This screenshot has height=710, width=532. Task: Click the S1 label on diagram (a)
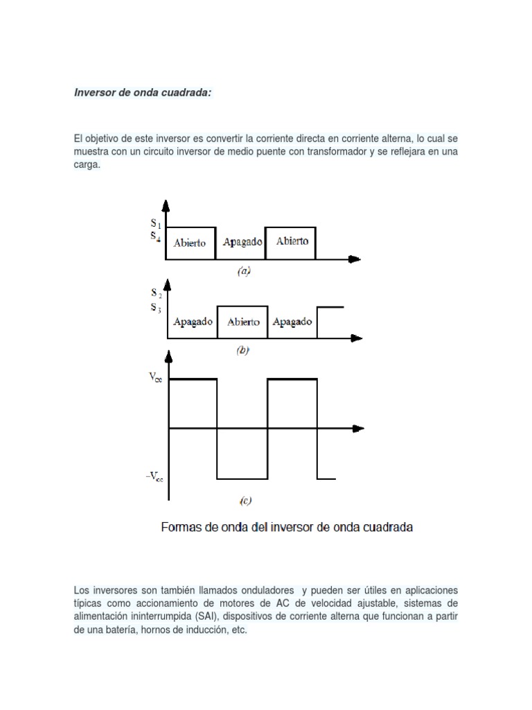157,224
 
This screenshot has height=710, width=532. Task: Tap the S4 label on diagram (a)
157,236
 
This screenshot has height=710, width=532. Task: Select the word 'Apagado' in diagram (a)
242,243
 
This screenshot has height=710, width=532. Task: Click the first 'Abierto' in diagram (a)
190,243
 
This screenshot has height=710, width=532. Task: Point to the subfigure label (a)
242,272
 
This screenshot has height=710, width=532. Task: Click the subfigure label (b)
242,351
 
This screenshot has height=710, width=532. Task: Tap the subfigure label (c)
245,500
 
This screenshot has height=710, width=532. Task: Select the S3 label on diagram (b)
157,307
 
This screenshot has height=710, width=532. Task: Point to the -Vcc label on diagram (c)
154,478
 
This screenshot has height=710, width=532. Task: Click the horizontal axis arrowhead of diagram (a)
355,259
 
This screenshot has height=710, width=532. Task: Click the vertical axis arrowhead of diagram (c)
168,356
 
